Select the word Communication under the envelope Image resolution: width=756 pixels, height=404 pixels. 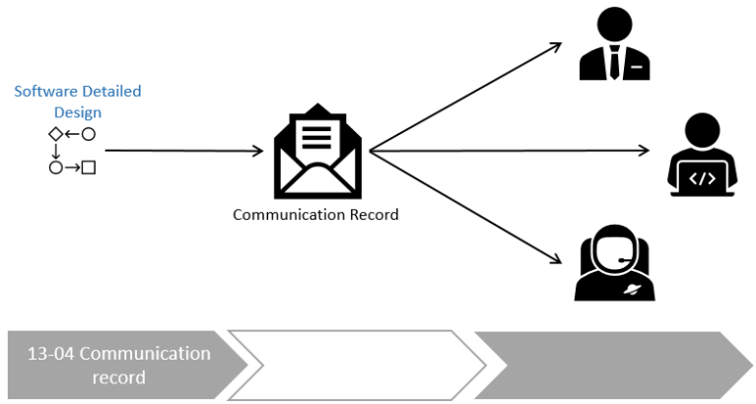click(x=281, y=214)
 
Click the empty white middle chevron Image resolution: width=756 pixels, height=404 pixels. click(x=360, y=366)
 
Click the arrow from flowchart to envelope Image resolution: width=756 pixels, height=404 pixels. click(x=182, y=151)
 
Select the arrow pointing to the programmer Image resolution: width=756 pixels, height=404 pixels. click(x=508, y=151)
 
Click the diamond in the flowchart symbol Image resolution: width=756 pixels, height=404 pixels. click(x=55, y=133)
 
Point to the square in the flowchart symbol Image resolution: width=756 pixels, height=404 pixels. click(x=89, y=168)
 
